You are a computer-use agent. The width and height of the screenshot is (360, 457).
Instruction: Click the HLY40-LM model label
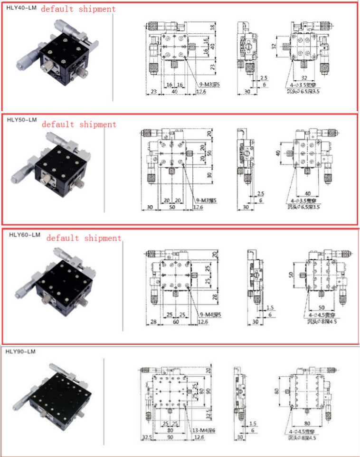(x=19, y=7)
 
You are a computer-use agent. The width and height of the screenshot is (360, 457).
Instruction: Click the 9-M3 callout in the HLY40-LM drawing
(x=208, y=84)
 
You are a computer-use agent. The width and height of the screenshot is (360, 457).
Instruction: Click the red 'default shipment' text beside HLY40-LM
(x=78, y=9)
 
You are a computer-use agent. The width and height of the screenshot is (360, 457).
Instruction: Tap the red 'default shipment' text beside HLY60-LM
(x=84, y=238)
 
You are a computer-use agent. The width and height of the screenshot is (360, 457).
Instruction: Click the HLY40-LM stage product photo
(x=58, y=52)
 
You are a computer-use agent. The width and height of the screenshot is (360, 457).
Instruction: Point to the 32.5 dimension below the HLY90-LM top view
(x=145, y=437)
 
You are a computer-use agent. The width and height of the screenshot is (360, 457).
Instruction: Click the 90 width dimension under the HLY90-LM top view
(x=171, y=437)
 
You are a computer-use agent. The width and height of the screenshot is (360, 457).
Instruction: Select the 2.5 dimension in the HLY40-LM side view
(x=264, y=77)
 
